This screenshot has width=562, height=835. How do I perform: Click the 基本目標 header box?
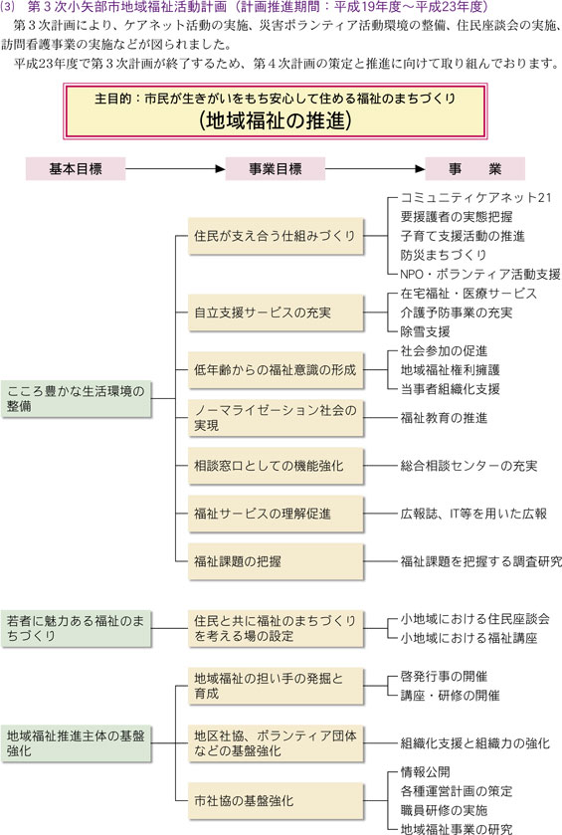(76, 169)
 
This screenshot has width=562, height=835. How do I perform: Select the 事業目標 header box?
(276, 169)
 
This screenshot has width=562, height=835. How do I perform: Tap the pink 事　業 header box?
(475, 169)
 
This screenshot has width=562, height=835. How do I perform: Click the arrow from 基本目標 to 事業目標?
(176, 169)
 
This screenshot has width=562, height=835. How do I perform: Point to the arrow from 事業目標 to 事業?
(375, 169)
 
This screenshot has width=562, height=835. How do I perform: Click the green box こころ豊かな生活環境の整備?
(77, 399)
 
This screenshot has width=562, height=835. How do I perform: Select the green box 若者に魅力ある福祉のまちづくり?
(77, 628)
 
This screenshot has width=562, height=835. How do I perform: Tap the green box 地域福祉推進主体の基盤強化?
(77, 743)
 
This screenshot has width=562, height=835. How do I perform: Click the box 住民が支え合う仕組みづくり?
(276, 236)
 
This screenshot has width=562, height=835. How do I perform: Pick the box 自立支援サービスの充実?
(276, 313)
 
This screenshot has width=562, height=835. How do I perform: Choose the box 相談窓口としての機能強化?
(276, 466)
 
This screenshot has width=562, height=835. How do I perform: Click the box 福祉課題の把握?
(276, 561)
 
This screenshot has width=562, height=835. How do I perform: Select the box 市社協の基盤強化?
(276, 801)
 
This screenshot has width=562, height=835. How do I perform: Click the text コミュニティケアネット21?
(476, 198)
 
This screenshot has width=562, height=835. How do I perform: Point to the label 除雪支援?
(425, 331)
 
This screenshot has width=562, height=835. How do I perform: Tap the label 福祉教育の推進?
(444, 418)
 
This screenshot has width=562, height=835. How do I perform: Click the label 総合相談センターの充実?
(468, 466)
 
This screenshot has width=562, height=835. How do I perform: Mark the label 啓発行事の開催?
(444, 677)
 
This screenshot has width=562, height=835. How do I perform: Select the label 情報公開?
(425, 772)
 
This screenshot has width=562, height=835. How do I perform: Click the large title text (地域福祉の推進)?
(276, 120)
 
